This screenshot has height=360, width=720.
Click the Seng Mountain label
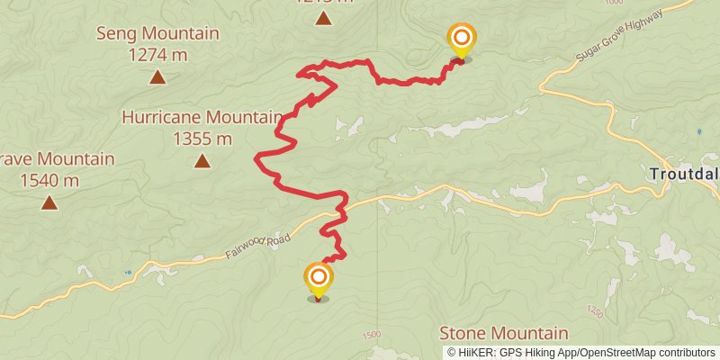tap(157, 34)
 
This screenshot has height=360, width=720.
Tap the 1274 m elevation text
tap(157, 54)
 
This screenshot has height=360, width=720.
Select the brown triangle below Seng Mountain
tap(157, 76)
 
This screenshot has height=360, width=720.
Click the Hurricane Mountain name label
tap(202, 118)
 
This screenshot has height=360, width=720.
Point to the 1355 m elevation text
tap(202, 139)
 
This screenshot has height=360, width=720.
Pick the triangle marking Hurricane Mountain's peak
tap(202, 161)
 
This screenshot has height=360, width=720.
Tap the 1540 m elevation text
tap(49, 180)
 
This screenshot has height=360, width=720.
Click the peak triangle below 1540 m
tap(49, 202)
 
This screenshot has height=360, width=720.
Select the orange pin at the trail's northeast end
tap(462, 39)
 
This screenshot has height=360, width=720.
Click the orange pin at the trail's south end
tap(318, 278)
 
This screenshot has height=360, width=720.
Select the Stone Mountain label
tap(503, 333)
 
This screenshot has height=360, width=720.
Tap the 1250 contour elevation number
tap(593, 311)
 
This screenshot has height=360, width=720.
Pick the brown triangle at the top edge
tap(323, 17)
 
